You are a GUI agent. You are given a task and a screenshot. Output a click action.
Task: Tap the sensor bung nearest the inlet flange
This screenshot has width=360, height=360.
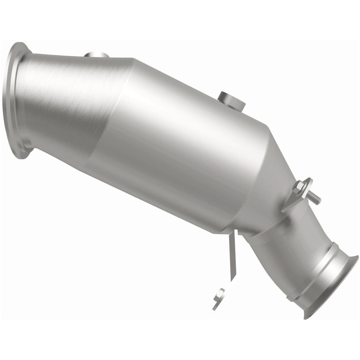coord(96,56)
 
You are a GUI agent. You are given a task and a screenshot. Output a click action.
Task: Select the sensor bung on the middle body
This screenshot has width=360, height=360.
coord(231,100)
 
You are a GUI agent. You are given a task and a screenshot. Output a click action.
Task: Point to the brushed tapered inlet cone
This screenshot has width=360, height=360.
coord(67,103)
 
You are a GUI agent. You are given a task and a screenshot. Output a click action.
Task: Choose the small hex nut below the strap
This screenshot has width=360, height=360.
coord(220,294)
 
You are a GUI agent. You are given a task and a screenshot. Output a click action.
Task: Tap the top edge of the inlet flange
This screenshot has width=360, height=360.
coord(20,45)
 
